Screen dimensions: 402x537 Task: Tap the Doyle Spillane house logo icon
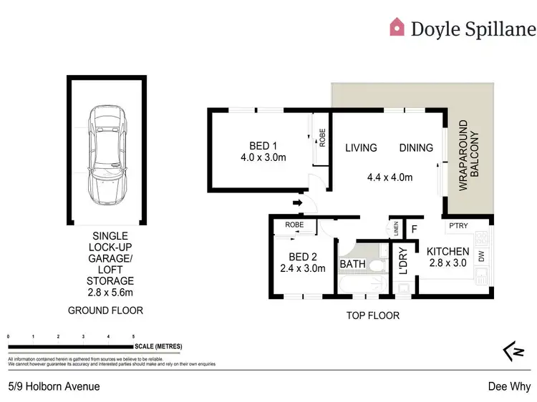click(397, 27)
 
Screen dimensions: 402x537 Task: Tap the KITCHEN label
click(447, 251)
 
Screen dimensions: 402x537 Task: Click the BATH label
click(352, 264)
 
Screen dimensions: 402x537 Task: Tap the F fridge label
click(413, 229)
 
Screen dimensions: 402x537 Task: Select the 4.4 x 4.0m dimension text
click(390, 177)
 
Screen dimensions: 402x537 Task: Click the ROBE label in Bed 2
click(294, 225)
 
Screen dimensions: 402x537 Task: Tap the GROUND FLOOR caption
click(105, 310)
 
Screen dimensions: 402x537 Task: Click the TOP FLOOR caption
click(372, 315)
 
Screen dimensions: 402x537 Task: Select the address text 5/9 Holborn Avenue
click(54, 386)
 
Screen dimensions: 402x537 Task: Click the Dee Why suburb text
click(511, 386)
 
